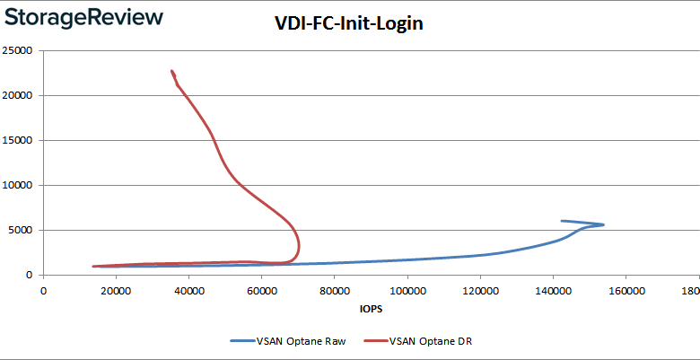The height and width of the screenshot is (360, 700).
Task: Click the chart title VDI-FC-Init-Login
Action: [348, 24]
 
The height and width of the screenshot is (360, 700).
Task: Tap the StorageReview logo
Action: [83, 18]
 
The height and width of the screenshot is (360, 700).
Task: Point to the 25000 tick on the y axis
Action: [18, 51]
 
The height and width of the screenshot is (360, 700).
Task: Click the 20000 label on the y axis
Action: [18, 96]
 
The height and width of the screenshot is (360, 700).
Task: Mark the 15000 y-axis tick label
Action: [18, 141]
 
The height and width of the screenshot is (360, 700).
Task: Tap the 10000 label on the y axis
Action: [18, 186]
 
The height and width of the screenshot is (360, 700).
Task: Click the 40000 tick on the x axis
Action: [188, 291]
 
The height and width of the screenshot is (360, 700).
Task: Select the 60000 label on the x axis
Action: [261, 291]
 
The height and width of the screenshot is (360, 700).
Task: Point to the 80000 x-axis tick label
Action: [334, 291]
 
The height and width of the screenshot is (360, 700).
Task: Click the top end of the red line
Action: [171, 71]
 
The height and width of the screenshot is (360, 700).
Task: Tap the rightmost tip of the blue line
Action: [603, 224]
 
